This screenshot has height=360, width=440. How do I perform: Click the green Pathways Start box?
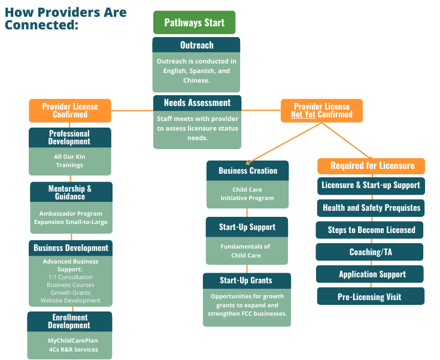coord(194,23)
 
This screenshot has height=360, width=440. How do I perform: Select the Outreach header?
coord(196,45)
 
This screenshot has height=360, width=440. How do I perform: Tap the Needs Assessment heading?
coord(198,103)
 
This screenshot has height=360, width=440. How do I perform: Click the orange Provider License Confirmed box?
coord(70,110)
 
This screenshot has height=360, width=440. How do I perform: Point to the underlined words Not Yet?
coord(303,114)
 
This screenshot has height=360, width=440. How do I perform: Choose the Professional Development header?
coord(70,138)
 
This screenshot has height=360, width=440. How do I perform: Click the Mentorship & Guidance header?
coord(71,192)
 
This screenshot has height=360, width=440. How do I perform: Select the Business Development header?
coord(71,248)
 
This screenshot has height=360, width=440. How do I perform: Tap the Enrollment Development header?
coord(69,322)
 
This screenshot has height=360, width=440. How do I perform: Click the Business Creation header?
coord(247,171)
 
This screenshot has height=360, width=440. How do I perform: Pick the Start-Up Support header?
coord(247,227)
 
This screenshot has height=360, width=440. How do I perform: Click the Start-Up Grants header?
coord(247,280)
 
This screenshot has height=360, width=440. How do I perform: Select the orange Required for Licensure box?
coord(371,166)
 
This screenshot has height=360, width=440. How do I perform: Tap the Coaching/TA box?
coord(369,252)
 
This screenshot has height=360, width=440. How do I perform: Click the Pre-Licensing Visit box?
coord(371,297)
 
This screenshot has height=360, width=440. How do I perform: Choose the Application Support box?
coord(370,274)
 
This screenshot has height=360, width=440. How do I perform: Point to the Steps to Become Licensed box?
coord(369,230)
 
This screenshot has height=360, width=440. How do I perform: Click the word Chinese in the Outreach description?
coord(196,80)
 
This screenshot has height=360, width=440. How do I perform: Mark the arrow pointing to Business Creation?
coord(283,143)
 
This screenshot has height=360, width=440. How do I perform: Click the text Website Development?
coord(71,301)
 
